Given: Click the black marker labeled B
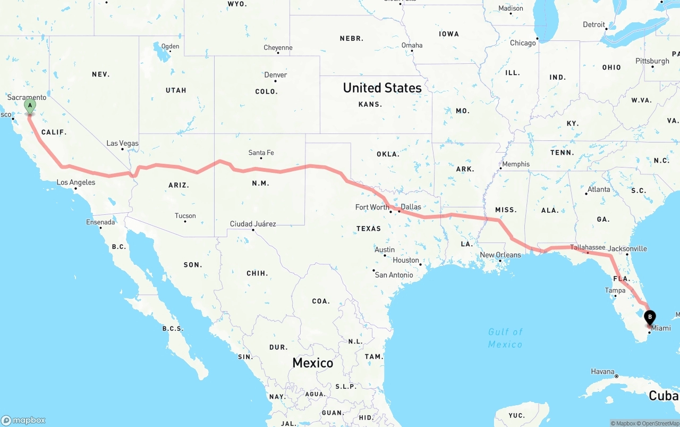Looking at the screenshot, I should pyautogui.click(x=650, y=318).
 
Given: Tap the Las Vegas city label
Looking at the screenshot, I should pyautogui.click(x=122, y=144).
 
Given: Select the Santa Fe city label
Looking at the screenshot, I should pyautogui.click(x=261, y=153).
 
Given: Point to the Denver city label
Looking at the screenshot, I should pyautogui.click(x=276, y=75).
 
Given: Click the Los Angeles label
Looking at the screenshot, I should pyautogui.click(x=76, y=183).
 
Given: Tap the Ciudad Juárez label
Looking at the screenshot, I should pyautogui.click(x=253, y=224).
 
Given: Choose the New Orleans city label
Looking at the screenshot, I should pyautogui.click(x=500, y=255).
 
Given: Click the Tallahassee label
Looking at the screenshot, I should pyautogui.click(x=588, y=247).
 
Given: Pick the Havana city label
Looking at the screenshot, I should pyautogui.click(x=602, y=372).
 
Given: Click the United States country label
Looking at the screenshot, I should pyautogui.click(x=382, y=88).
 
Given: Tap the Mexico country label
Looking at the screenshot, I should pyautogui.click(x=313, y=363).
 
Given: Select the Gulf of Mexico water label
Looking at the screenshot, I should pyautogui.click(x=505, y=338).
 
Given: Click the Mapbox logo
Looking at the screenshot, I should pyautogui.click(x=23, y=420).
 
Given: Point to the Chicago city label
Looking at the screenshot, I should pyautogui.click(x=523, y=43).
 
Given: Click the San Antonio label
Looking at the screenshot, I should pyautogui.click(x=394, y=275).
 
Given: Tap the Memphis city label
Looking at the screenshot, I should pyautogui.click(x=516, y=164).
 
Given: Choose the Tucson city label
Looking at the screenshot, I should pyautogui.click(x=185, y=216).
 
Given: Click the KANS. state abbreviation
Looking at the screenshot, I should pyautogui.click(x=370, y=104).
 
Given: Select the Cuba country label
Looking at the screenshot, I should pyautogui.click(x=664, y=396).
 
